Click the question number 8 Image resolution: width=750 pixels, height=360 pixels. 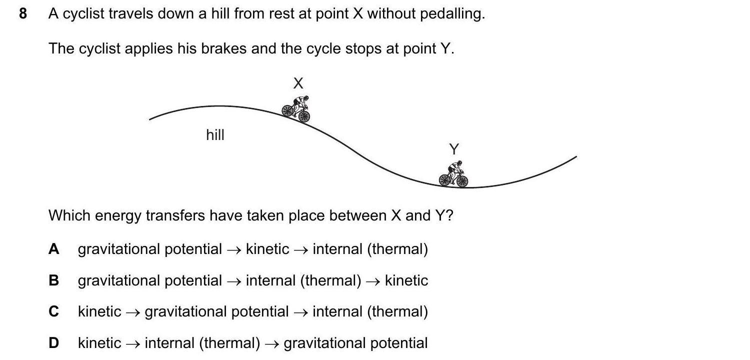point(22,14)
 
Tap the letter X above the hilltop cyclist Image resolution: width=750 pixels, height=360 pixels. point(298,83)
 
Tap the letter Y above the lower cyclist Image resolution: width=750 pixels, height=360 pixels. point(454,149)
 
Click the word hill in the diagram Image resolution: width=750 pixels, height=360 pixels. point(215,135)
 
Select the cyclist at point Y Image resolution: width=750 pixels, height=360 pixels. point(454,174)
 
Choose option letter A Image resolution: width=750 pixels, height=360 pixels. point(54,249)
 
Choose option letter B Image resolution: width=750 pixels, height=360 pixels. point(54,280)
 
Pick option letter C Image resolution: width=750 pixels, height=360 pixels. point(54,312)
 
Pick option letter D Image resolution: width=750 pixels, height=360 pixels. point(54,343)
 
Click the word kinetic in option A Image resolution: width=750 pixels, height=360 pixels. point(267,249)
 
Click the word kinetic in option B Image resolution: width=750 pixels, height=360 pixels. point(406,280)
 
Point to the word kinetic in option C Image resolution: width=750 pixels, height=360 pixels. point(99,312)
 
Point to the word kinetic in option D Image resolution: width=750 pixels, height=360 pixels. point(99,343)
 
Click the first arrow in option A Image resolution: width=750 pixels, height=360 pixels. point(234,249)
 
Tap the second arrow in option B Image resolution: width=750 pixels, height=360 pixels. point(373,281)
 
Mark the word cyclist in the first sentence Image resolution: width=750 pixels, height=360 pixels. point(83,14)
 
